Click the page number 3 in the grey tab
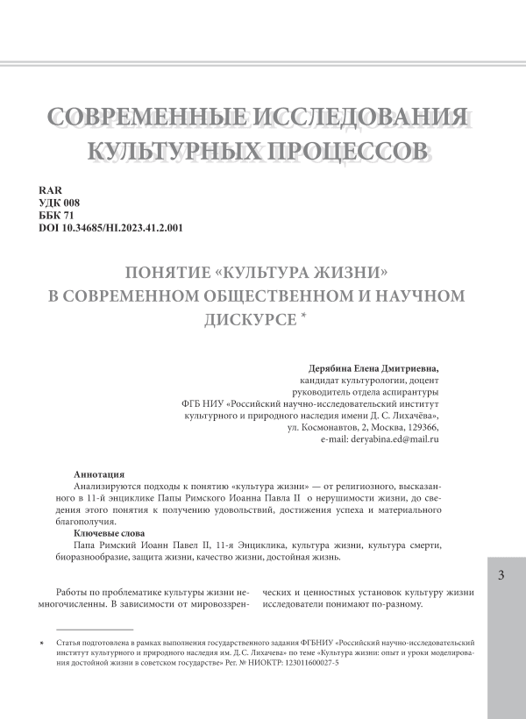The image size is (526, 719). (x=501, y=576)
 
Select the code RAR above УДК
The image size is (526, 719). (x=51, y=189)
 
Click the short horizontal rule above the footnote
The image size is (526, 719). (x=94, y=630)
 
